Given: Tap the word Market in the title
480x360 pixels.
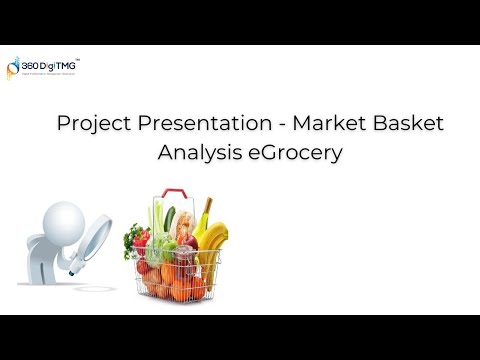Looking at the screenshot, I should (x=335, y=124).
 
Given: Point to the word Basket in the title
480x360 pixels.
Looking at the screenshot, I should (x=408, y=124).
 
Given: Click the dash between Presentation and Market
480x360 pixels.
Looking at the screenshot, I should (x=283, y=125).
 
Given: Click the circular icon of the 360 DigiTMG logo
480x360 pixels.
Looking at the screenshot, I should (x=15, y=67).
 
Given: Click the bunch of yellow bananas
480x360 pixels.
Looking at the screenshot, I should (x=212, y=243).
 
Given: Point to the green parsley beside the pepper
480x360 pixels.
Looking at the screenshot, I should (x=129, y=238).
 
